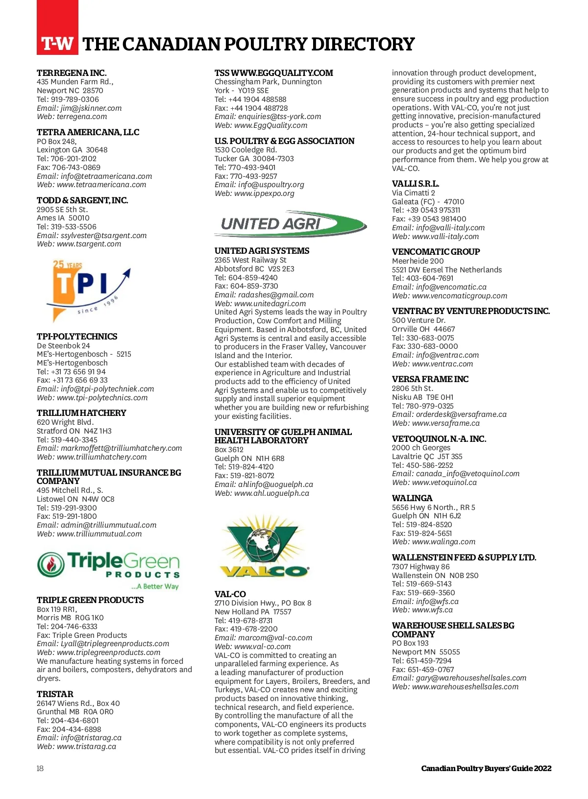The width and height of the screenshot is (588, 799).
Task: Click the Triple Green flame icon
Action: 50,564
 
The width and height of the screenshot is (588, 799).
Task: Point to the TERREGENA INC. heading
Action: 72,73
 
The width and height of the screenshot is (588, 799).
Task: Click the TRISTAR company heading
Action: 55,694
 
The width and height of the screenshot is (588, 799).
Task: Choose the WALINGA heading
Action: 412,498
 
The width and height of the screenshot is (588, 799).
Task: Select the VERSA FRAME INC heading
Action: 430,379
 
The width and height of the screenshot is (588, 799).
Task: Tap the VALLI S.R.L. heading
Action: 416,184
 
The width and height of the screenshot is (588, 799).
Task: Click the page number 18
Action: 40,768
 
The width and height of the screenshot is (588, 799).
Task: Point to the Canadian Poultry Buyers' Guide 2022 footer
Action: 486,768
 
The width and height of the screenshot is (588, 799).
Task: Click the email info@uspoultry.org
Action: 271,185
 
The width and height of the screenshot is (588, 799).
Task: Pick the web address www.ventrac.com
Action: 442,364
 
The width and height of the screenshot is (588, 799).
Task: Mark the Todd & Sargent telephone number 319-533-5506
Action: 73,227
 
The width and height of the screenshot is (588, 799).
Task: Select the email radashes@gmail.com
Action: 276,295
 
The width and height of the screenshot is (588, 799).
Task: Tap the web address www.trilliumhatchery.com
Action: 101,457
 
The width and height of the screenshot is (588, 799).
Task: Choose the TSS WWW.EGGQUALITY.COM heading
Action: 273,73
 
